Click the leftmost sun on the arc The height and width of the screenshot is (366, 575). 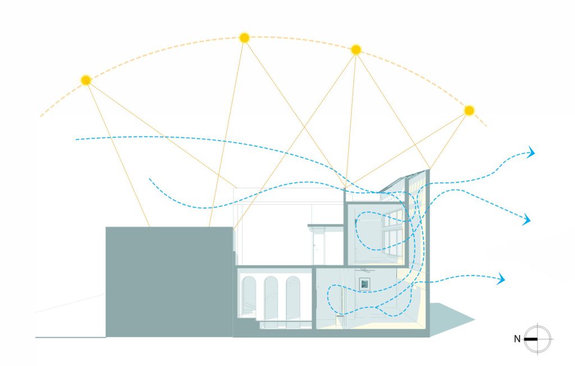(x=86, y=80)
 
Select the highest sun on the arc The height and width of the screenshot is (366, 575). (x=244, y=38)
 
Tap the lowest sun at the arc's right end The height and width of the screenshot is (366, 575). (x=469, y=111)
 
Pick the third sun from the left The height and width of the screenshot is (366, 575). (x=355, y=49)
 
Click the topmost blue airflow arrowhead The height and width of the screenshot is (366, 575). (x=531, y=152)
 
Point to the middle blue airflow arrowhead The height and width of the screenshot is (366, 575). (x=527, y=220)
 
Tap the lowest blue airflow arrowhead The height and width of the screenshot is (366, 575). (x=501, y=279)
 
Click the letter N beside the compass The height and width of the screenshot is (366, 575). (x=517, y=339)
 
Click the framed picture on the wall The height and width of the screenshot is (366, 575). (x=364, y=284)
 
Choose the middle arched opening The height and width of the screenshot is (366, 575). (x=271, y=297)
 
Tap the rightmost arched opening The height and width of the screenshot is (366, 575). (x=293, y=297)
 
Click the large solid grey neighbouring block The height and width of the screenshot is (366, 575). (x=169, y=282)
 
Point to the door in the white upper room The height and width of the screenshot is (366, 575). (x=319, y=246)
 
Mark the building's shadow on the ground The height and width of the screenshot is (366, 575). (x=451, y=318)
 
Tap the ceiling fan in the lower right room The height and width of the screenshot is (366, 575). (x=364, y=270)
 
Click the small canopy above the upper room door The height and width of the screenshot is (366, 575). (x=326, y=225)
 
